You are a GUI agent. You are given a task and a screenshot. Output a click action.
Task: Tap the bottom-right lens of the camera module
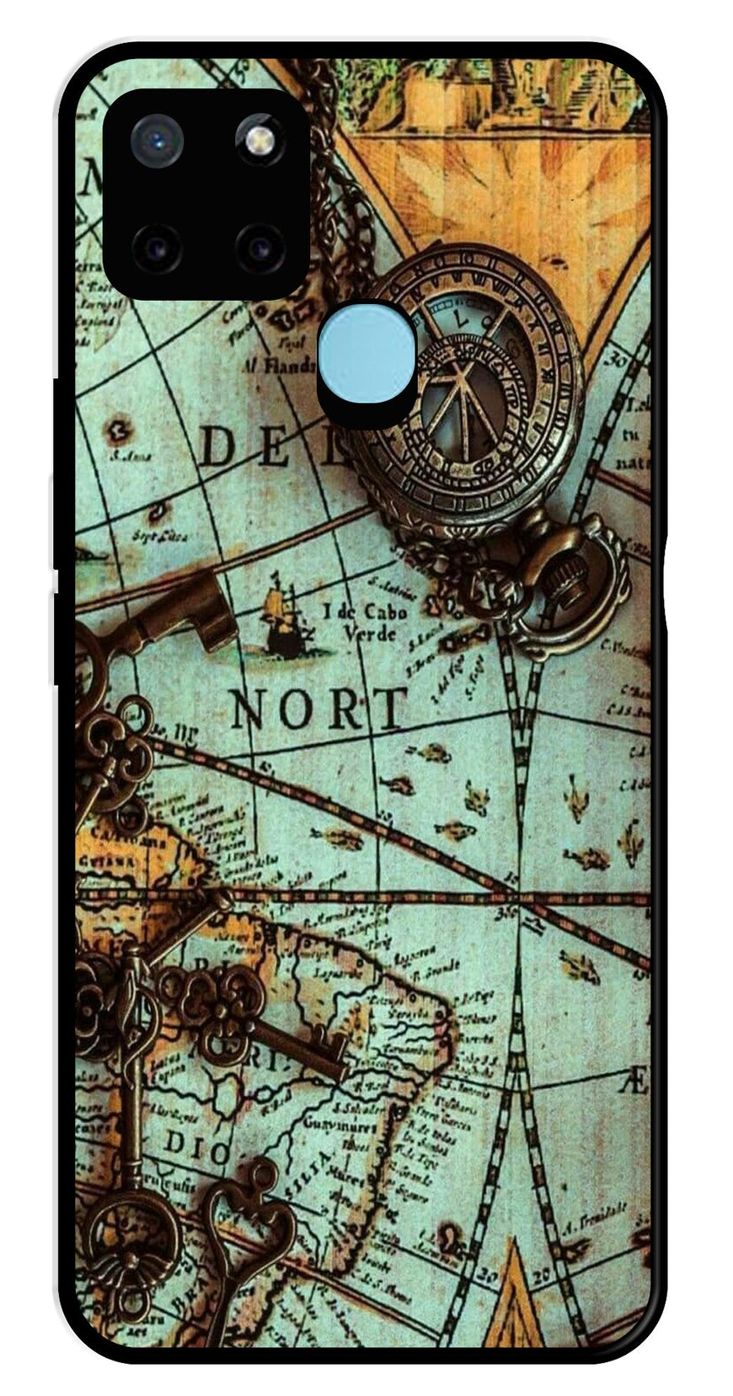point(259,247)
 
